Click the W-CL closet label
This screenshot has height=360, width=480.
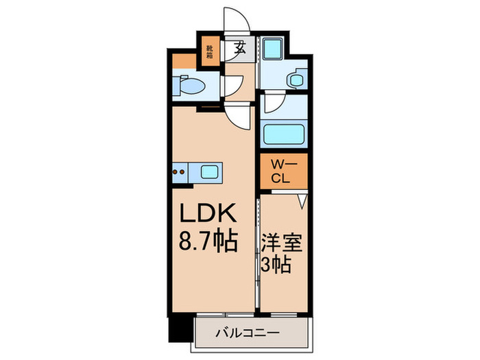281,169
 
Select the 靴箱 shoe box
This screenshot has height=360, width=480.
210,52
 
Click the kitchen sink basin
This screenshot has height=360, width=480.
210,171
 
